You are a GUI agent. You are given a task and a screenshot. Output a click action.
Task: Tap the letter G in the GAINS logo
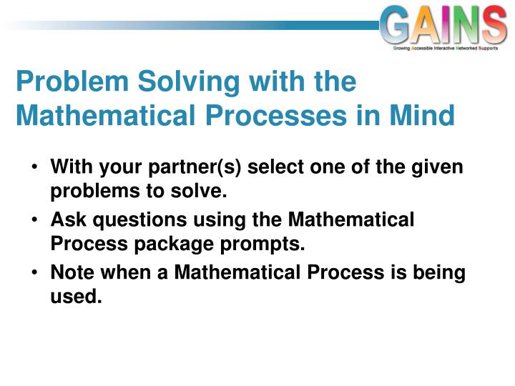pyautogui.click(x=394, y=24)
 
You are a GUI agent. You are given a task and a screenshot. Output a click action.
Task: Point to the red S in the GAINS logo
pyautogui.click(x=494, y=24)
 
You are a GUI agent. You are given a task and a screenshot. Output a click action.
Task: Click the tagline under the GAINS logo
pyautogui.click(x=446, y=49)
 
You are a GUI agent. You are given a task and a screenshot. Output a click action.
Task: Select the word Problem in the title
pyautogui.click(x=72, y=81)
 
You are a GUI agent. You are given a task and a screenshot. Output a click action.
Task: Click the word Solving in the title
pyautogui.click(x=189, y=81)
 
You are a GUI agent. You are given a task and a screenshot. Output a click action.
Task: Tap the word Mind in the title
pyautogui.click(x=422, y=115)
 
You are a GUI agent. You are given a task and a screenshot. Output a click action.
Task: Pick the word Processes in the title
pyautogui.click(x=276, y=115)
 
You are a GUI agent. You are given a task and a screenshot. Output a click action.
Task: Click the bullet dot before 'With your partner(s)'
pyautogui.click(x=35, y=167)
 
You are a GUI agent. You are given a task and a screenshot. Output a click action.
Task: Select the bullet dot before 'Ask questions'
pyautogui.click(x=35, y=219)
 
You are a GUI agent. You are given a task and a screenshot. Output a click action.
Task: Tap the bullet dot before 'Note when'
pyautogui.click(x=35, y=272)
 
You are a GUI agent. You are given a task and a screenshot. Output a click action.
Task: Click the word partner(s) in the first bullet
pyautogui.click(x=195, y=167)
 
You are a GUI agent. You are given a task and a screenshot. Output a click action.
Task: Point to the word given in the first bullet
pyautogui.click(x=437, y=167)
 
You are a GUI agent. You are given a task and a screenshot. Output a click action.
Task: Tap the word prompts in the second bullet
pyautogui.click(x=262, y=245)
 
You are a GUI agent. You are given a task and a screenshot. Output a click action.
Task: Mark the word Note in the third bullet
pyautogui.click(x=72, y=272)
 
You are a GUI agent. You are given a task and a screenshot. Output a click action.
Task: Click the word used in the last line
pyautogui.click(x=76, y=296)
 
